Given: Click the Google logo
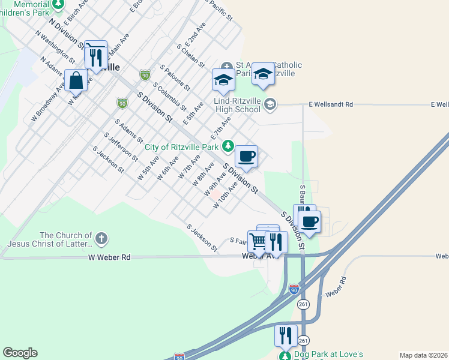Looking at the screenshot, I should [x=20, y=353].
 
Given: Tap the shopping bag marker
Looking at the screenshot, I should [x=76, y=80].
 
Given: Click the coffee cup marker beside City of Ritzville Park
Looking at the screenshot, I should [x=246, y=156].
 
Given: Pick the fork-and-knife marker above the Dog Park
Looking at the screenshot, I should [x=285, y=335].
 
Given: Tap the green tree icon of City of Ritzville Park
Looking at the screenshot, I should [x=228, y=146].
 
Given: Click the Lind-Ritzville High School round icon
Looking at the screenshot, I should [x=270, y=104].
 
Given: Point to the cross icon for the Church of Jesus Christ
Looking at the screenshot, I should [x=101, y=239].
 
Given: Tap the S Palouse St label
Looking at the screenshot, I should [x=175, y=77].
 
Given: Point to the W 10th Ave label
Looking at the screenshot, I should [x=226, y=196].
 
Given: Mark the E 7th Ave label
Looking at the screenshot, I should [x=220, y=127].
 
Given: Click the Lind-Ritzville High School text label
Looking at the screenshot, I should [x=238, y=105].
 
